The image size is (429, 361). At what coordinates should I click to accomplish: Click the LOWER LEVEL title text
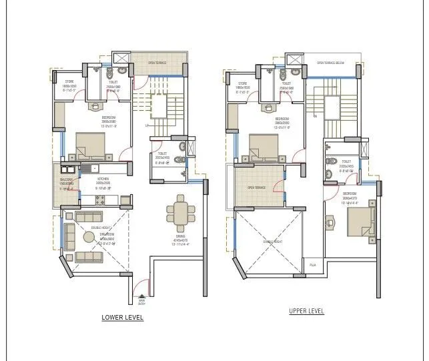pos(122,318)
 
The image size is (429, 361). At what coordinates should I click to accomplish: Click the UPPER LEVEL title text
pos(306,311)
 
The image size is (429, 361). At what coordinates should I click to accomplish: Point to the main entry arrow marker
pos(141,298)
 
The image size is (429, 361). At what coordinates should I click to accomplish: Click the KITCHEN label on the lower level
pos(103,179)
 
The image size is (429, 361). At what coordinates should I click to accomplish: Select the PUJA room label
pos(312,265)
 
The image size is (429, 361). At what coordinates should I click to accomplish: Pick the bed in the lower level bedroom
pos(90,144)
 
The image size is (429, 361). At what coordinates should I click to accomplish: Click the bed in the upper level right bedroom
pos(360,222)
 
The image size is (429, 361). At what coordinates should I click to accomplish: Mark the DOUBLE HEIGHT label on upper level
pos(273,242)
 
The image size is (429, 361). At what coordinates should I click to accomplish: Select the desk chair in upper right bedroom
pos(330,219)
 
